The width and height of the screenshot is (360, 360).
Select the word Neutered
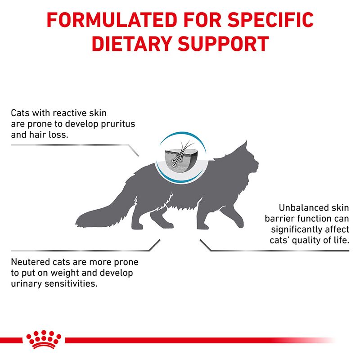click(30, 262)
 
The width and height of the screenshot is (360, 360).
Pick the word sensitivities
click(69, 284)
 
